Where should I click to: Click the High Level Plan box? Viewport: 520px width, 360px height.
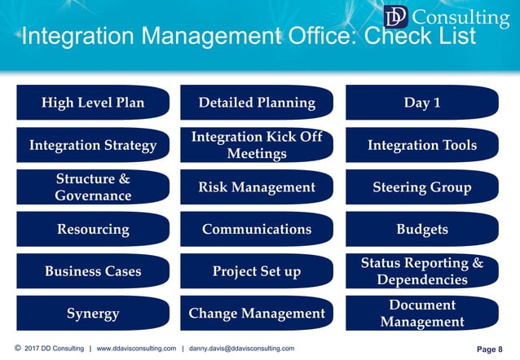coord(93,103)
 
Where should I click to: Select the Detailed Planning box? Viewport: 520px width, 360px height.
coord(257,103)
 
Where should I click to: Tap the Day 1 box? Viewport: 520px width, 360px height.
coord(422,103)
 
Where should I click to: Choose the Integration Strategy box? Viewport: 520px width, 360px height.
coord(93,145)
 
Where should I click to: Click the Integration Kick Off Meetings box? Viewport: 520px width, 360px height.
coord(257,145)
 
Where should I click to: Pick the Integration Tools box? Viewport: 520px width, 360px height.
coord(422,145)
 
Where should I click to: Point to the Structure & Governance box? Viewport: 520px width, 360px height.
coord(93,187)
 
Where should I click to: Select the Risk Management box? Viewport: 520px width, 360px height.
coord(257,187)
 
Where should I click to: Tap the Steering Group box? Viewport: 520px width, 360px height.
coord(422,187)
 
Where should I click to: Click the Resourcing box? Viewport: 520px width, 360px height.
coord(93,229)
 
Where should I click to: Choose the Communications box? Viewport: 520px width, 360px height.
coord(257,229)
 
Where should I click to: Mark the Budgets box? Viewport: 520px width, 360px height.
coord(422,229)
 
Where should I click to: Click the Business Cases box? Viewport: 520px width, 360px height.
coord(93,271)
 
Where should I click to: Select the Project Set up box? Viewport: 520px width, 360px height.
coord(257,271)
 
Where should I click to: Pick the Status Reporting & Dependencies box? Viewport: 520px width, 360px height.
coord(422,271)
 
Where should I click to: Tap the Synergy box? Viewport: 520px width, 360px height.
coord(93,314)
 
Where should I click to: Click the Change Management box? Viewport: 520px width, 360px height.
coord(257,314)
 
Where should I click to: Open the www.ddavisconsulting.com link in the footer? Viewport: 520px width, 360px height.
coord(136,349)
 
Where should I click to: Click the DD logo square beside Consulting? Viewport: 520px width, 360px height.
coord(395,17)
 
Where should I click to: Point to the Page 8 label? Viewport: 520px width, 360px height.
coord(489,349)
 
